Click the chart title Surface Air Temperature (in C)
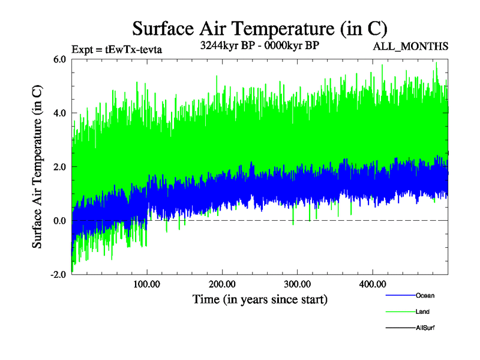tap(260, 29)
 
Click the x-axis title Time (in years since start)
tap(260, 298)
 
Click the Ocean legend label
tap(425, 295)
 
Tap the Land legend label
tap(422, 311)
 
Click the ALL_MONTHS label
tap(411, 46)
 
